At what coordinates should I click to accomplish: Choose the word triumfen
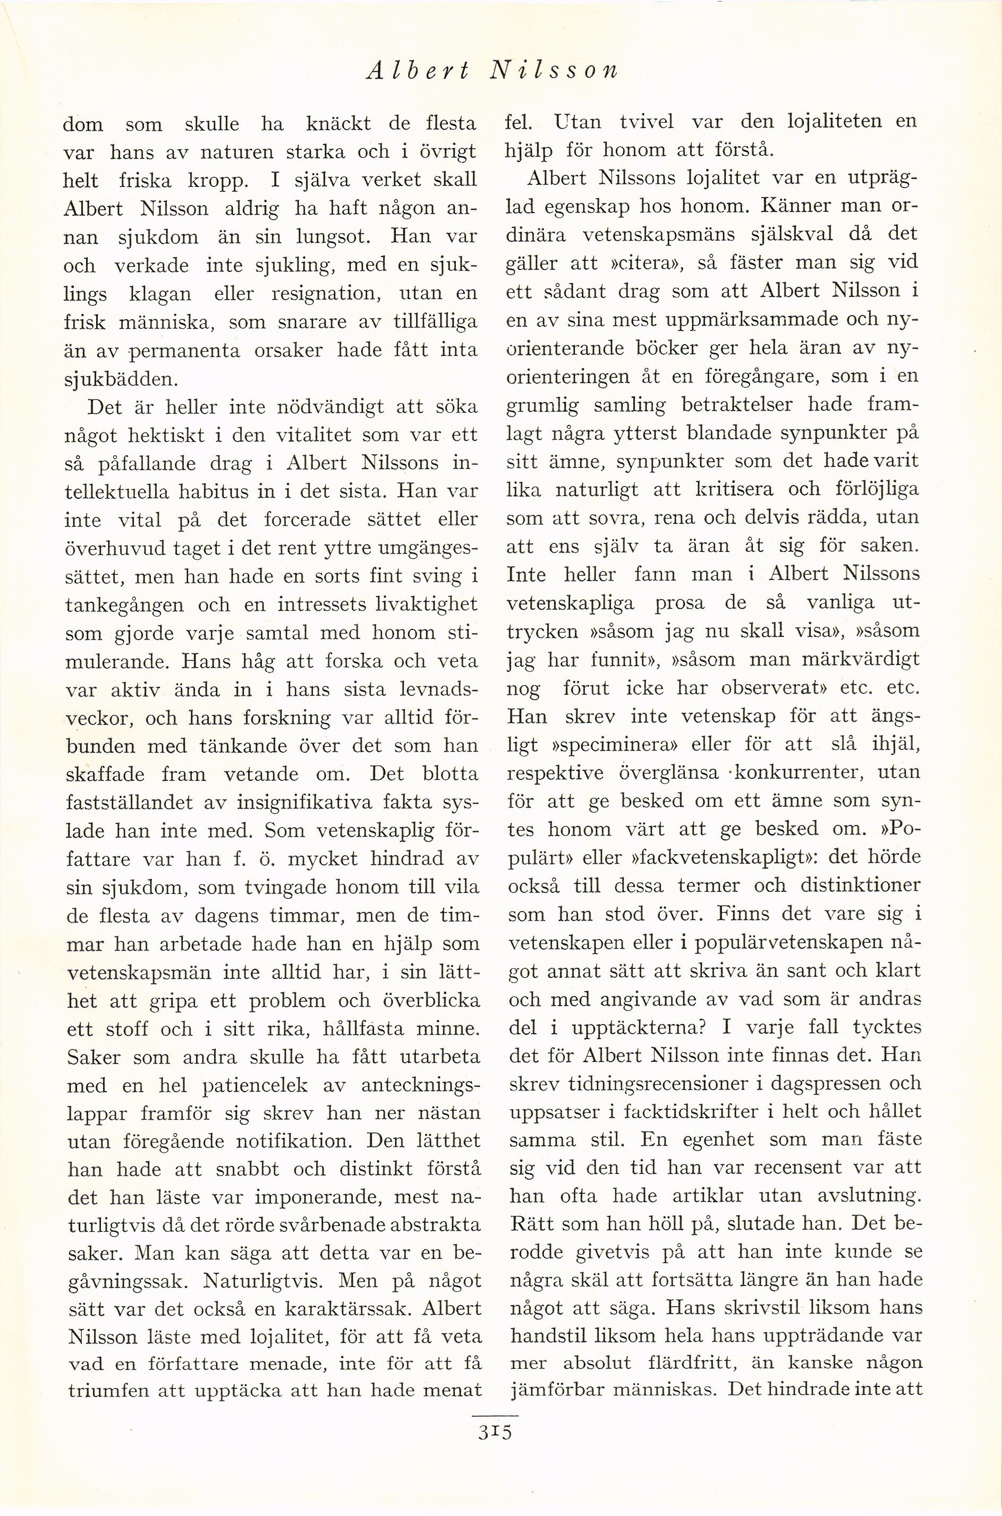point(105,1393)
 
